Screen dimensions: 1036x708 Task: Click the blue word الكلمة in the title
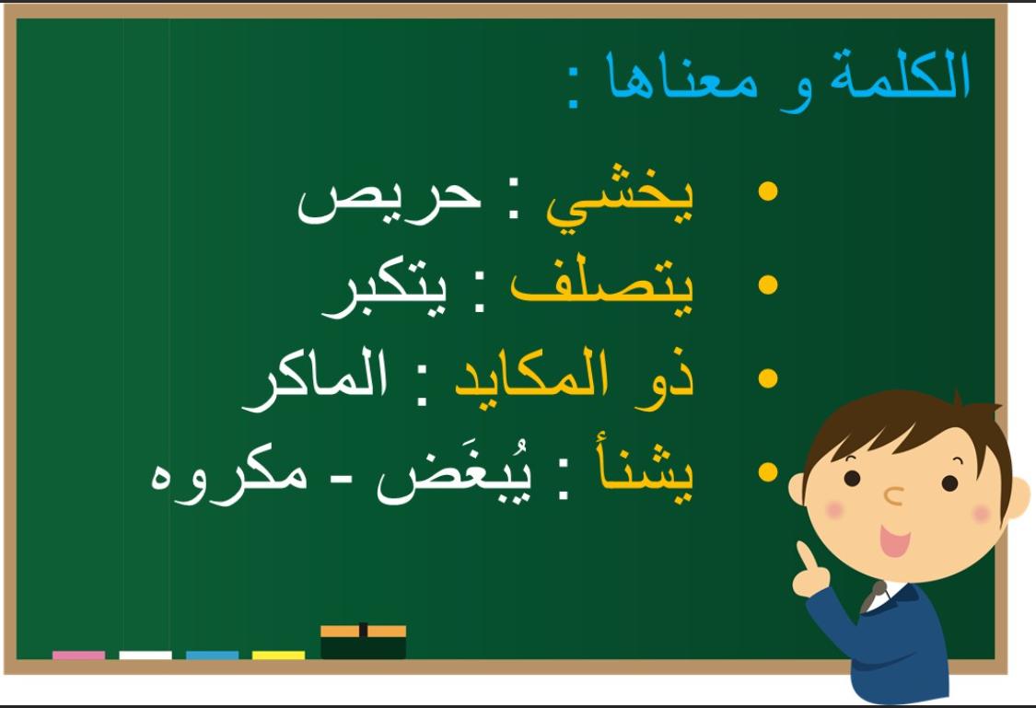tap(900, 74)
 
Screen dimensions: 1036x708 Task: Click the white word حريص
tap(390, 201)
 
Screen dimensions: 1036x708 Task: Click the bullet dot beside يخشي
tap(768, 191)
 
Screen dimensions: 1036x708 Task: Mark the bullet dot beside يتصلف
tap(768, 284)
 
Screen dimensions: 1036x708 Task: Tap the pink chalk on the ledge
tap(78, 656)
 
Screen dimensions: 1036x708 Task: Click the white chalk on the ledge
tap(146, 656)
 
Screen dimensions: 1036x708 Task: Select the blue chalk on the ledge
tap(212, 656)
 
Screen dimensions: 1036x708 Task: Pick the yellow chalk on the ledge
tap(278, 656)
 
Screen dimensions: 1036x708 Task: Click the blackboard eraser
tap(364, 642)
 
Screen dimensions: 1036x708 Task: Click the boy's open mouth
tap(894, 540)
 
